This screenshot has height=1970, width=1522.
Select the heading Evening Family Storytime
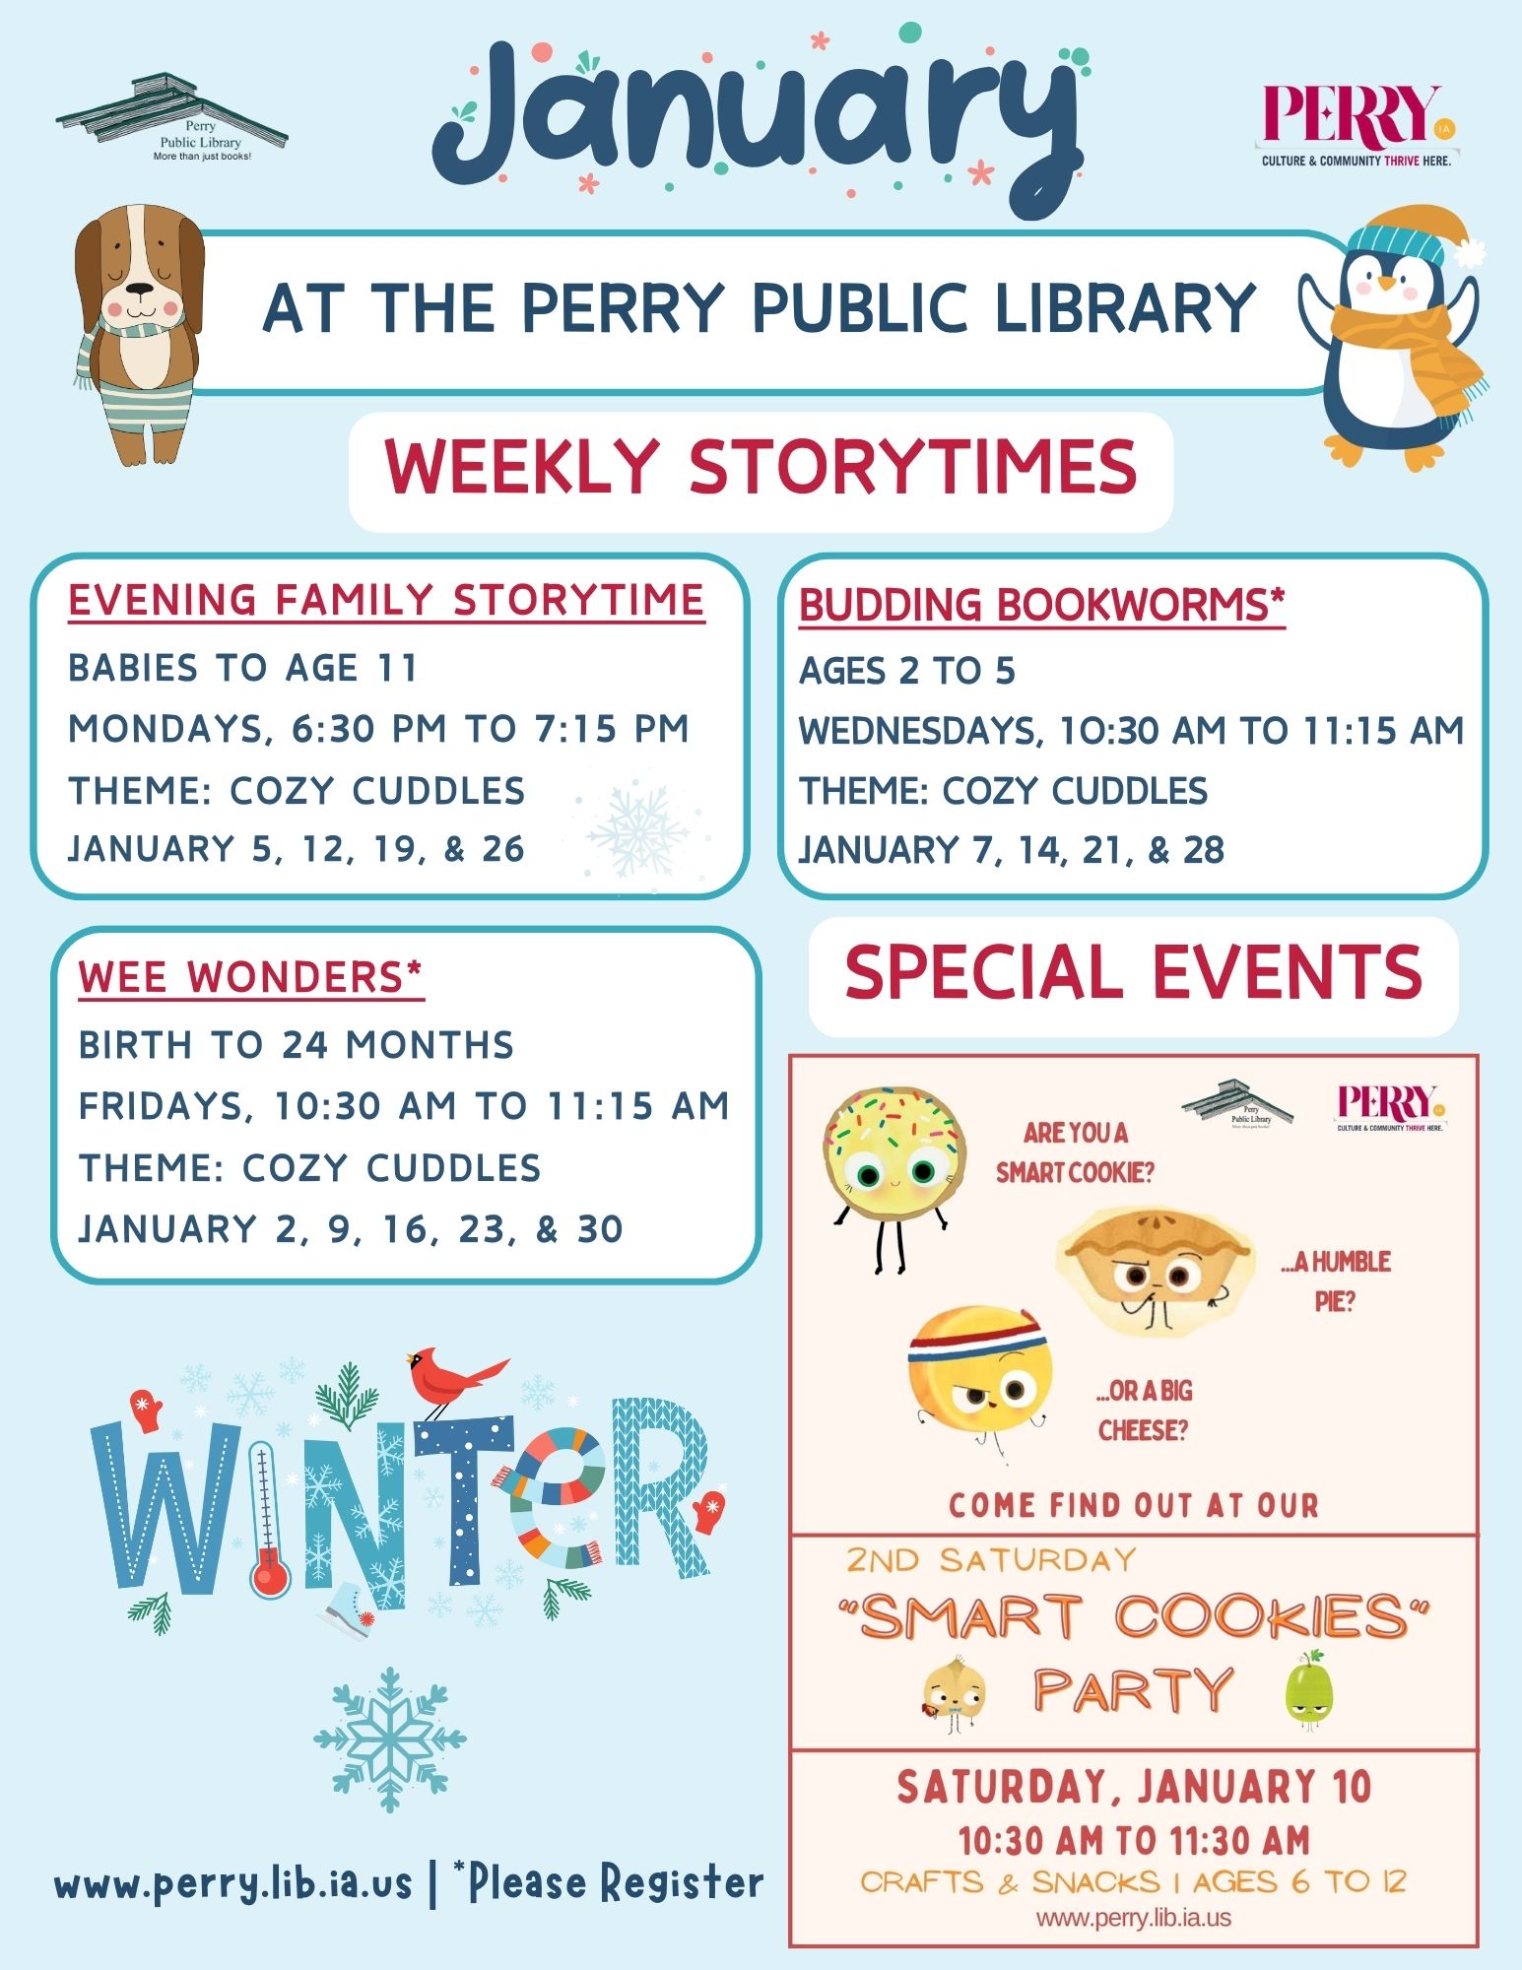(x=386, y=600)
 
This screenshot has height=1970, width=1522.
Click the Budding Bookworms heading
(x=1042, y=605)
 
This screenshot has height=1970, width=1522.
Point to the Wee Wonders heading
(x=250, y=977)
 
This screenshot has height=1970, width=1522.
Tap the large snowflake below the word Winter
(x=390, y=1739)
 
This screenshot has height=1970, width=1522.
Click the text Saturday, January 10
(x=1134, y=1787)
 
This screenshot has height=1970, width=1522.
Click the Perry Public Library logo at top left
(x=171, y=118)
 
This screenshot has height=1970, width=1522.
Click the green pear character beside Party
(x=1310, y=1690)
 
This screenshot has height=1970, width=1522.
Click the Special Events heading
(x=1134, y=973)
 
